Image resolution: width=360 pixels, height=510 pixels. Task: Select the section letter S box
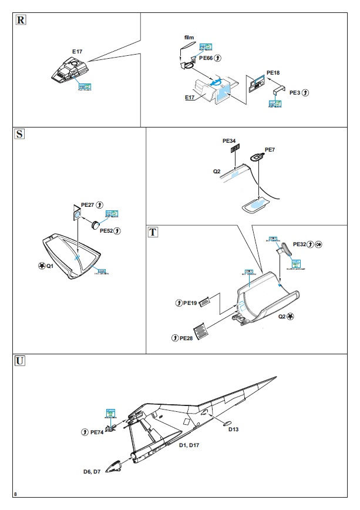[20, 134]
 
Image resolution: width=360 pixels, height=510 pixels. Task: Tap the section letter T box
[153, 231]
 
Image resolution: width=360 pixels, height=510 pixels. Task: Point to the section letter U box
[21, 361]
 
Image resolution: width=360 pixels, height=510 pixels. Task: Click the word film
[189, 38]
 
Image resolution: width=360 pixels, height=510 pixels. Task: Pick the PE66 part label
[206, 58]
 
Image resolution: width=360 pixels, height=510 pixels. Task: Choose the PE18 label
[273, 73]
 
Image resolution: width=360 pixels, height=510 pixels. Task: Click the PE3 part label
[295, 93]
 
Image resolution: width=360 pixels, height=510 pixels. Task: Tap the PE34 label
[228, 141]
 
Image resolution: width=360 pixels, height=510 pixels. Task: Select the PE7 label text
[270, 150]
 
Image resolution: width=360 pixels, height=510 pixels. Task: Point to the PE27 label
[87, 204]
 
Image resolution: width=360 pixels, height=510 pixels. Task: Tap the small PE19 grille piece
[204, 303]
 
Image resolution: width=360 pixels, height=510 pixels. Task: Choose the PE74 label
[97, 432]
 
